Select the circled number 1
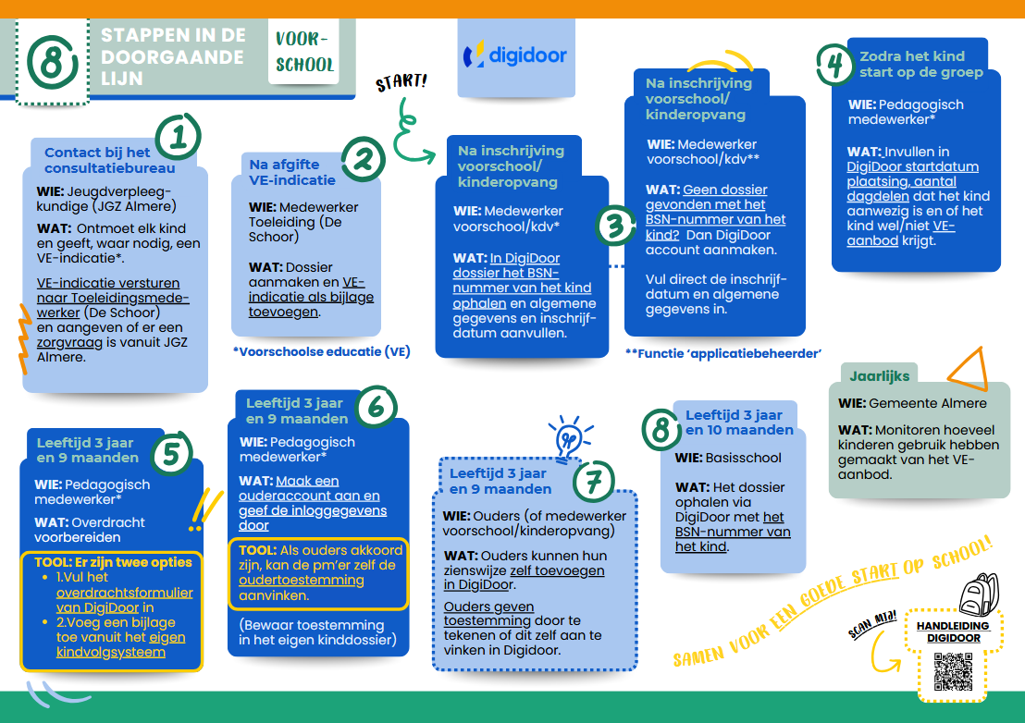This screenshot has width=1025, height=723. point(178,137)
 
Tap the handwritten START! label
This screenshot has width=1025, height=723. point(401,83)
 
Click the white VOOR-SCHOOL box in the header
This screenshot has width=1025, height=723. point(304,52)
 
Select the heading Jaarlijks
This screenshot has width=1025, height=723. point(880,376)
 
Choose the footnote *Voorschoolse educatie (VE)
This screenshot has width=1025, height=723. point(321,351)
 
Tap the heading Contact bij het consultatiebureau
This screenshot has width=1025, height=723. point(109,160)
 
